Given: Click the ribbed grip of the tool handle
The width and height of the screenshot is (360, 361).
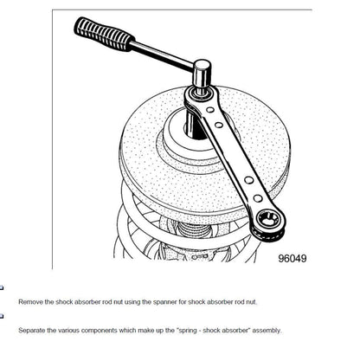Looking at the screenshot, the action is (x=105, y=35).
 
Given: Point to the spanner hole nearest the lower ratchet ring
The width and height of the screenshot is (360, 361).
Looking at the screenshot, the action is (x=258, y=198).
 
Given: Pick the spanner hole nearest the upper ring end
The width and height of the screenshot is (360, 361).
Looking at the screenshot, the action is (x=210, y=110).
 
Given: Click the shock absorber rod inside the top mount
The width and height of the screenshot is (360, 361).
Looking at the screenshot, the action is (x=194, y=126).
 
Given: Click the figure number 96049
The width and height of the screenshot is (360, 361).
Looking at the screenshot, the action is (x=292, y=258).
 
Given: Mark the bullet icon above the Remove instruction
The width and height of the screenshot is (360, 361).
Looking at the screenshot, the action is (x=2, y=287).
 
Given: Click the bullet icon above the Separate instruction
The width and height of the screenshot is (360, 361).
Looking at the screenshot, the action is (x=2, y=316).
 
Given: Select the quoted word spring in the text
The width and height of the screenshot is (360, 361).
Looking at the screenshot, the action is (x=187, y=331).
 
